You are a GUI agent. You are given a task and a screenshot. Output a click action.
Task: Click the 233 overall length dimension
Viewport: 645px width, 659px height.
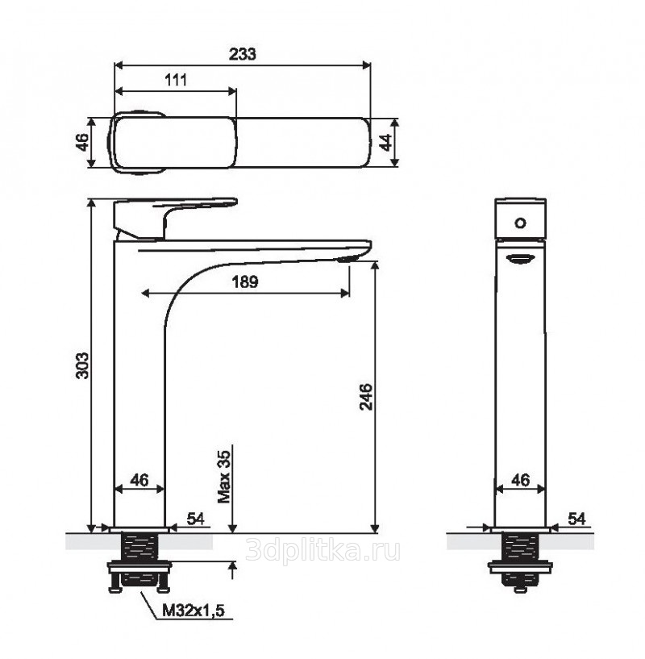click(242, 54)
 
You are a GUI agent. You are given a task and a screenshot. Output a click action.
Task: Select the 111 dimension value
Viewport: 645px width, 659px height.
click(175, 80)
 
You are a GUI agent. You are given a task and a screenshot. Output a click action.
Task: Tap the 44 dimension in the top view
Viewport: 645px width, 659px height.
click(385, 142)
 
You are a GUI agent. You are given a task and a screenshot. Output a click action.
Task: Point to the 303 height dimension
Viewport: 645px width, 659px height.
click(82, 365)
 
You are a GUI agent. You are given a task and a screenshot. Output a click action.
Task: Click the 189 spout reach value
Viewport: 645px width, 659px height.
click(245, 282)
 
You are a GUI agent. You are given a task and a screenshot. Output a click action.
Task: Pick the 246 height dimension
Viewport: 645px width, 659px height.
click(365, 396)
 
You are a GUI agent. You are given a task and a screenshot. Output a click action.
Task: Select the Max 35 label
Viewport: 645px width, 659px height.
click(224, 477)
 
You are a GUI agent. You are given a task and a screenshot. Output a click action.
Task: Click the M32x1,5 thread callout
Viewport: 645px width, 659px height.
click(193, 611)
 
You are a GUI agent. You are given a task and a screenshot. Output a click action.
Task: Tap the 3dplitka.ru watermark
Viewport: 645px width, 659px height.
click(322, 550)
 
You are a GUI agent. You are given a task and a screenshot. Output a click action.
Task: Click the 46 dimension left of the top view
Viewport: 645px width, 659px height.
click(82, 142)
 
